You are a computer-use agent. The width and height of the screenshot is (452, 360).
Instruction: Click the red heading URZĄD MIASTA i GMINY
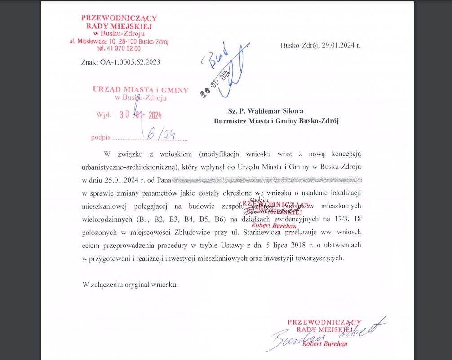point(140,89)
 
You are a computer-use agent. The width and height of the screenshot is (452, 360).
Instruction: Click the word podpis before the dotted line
point(101,138)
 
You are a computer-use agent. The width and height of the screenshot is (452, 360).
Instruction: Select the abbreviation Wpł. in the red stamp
point(103,114)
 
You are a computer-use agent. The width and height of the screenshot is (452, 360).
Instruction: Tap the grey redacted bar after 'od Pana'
point(267,180)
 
